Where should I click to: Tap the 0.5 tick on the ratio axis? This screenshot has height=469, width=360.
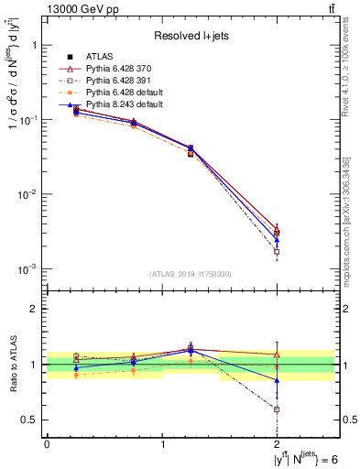coord(31,420)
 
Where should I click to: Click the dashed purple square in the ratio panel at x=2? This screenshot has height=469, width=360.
coord(277,409)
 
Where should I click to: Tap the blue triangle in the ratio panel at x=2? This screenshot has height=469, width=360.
coord(277,380)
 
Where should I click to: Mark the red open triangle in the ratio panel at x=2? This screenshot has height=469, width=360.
coord(277,354)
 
